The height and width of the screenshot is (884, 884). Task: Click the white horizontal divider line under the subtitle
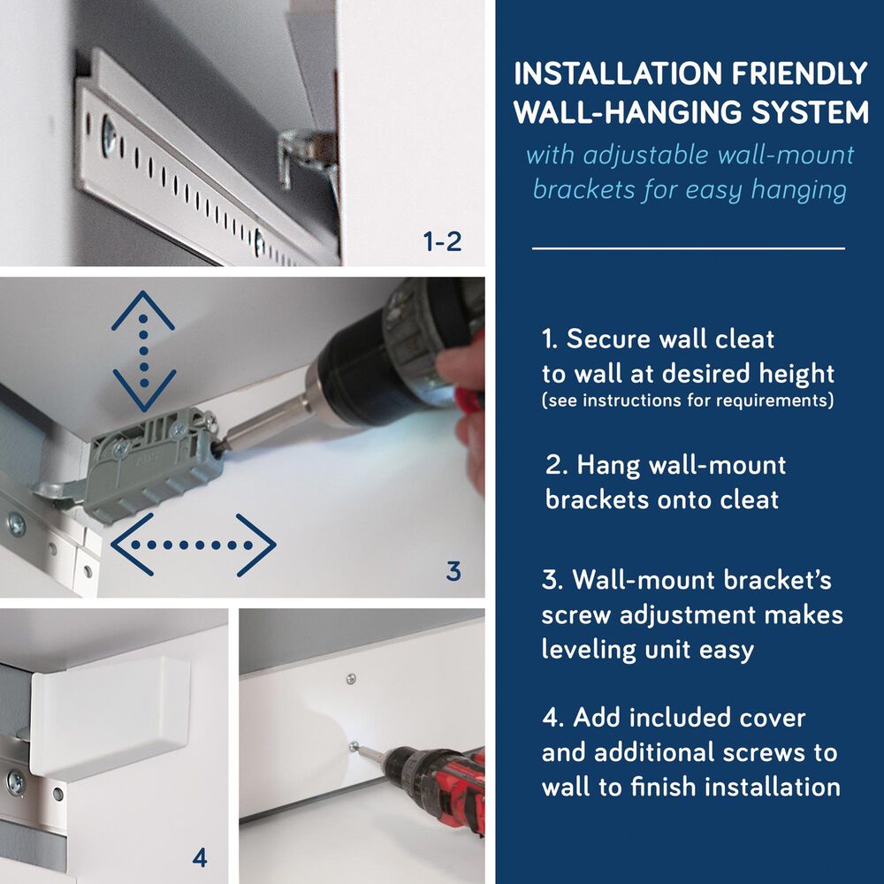click(688, 248)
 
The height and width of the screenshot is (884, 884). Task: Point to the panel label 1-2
click(442, 241)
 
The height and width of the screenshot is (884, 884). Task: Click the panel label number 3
click(453, 572)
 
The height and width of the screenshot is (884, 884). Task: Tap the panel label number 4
click(200, 857)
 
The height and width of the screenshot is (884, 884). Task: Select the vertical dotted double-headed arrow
click(144, 352)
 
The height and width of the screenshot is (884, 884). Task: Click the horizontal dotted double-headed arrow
click(194, 545)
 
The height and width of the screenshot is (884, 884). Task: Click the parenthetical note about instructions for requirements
click(687, 400)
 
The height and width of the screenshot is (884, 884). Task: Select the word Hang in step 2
click(610, 465)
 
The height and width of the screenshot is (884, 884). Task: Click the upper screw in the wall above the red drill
click(351, 679)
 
